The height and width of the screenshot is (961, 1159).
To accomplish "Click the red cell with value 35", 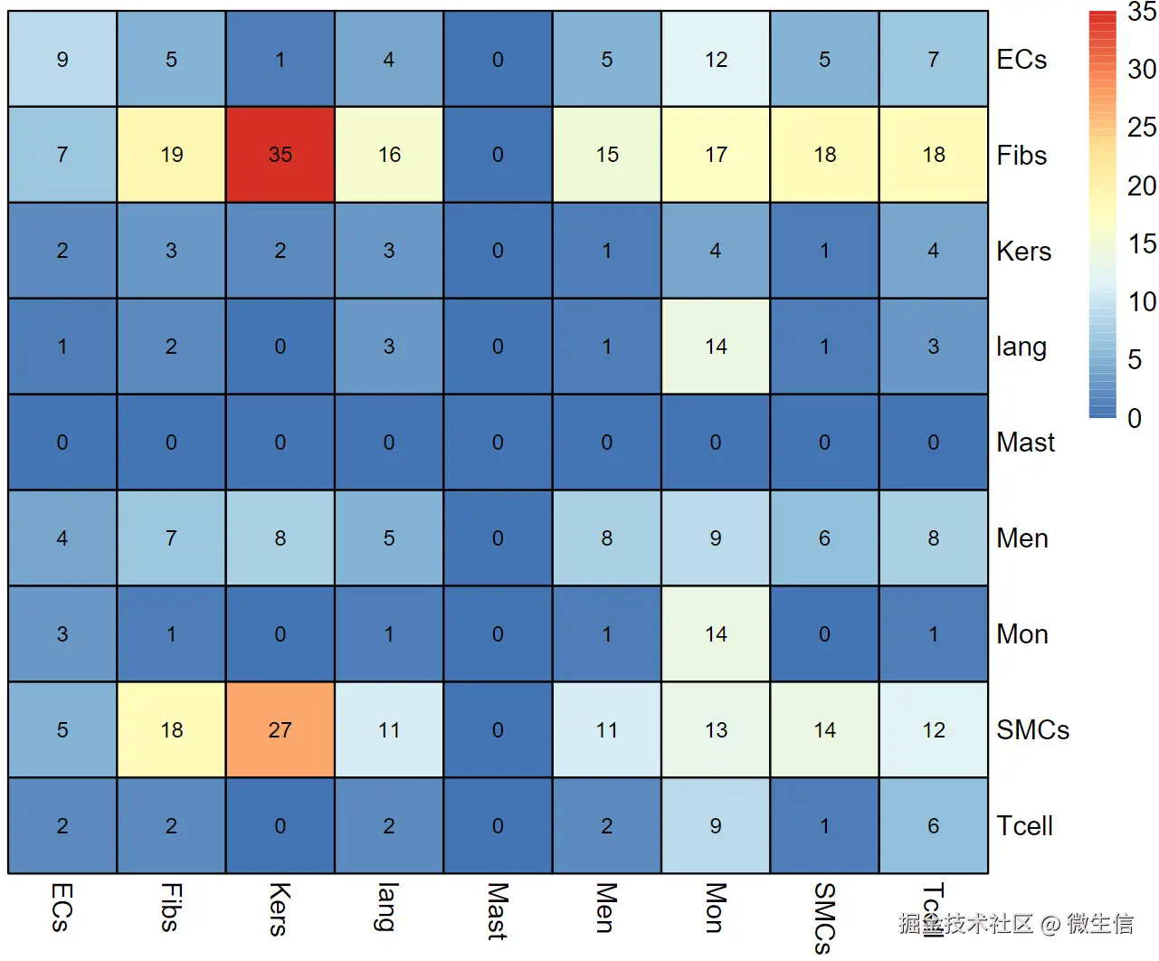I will pos(280,155).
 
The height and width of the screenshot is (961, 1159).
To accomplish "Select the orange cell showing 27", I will pos(280,730).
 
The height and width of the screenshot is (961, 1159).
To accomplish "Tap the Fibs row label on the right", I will pos(1021,156).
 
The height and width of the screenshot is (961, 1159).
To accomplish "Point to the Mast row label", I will pos(1025,442).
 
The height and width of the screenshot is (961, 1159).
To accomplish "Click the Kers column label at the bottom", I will pos(280,909).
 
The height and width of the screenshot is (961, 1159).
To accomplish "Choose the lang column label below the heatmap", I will pos(388,907).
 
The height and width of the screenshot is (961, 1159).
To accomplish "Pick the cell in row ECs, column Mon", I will pos(716,60).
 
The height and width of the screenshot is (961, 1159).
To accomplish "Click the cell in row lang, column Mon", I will pos(716,347).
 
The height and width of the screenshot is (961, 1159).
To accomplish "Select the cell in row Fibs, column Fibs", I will pos(171,155).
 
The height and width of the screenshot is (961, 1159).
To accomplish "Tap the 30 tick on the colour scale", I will pos(1141,70).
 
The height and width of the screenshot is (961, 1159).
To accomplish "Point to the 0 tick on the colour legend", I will pos(1134,418).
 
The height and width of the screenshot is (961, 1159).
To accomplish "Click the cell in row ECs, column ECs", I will pos(62,60).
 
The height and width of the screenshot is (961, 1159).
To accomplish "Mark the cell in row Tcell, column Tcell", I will pos(933,826).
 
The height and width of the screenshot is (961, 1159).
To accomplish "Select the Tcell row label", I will pos(1024,826).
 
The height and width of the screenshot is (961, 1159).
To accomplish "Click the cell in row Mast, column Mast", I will pos(498,442).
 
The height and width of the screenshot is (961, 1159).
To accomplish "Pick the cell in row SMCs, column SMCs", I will pos(824,730).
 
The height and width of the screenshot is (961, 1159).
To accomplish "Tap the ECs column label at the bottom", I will pos(62,907).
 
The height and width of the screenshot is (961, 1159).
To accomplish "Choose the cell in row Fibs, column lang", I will pos(389,155).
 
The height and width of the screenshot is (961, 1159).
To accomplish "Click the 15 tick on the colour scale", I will pos(1141,244).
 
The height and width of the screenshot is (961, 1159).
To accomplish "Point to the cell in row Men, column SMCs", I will pos(824,538).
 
